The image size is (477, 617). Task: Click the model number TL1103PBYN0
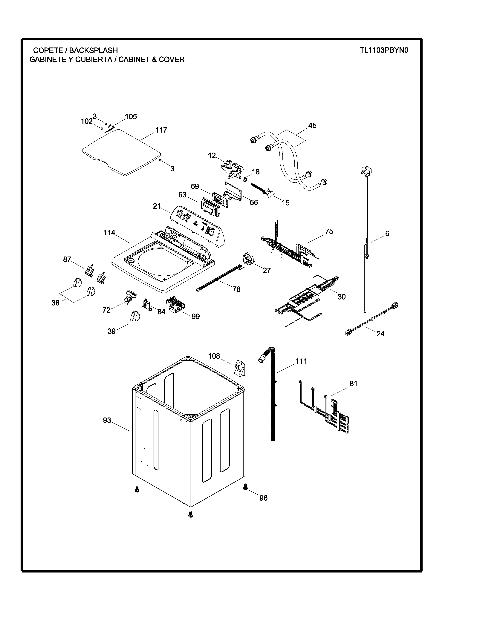[x=384, y=50]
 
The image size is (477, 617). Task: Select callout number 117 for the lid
[x=161, y=130]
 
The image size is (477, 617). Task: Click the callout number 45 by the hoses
[x=312, y=125]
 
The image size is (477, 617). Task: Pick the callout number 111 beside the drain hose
[x=301, y=361]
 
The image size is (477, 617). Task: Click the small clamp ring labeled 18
[x=245, y=179]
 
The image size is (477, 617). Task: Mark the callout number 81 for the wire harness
[x=353, y=384]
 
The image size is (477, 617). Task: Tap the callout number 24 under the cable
[x=380, y=334]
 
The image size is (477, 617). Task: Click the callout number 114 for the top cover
[x=109, y=233]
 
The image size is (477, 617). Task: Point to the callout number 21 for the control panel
[x=157, y=206]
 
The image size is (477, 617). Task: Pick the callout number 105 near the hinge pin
[x=131, y=117]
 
